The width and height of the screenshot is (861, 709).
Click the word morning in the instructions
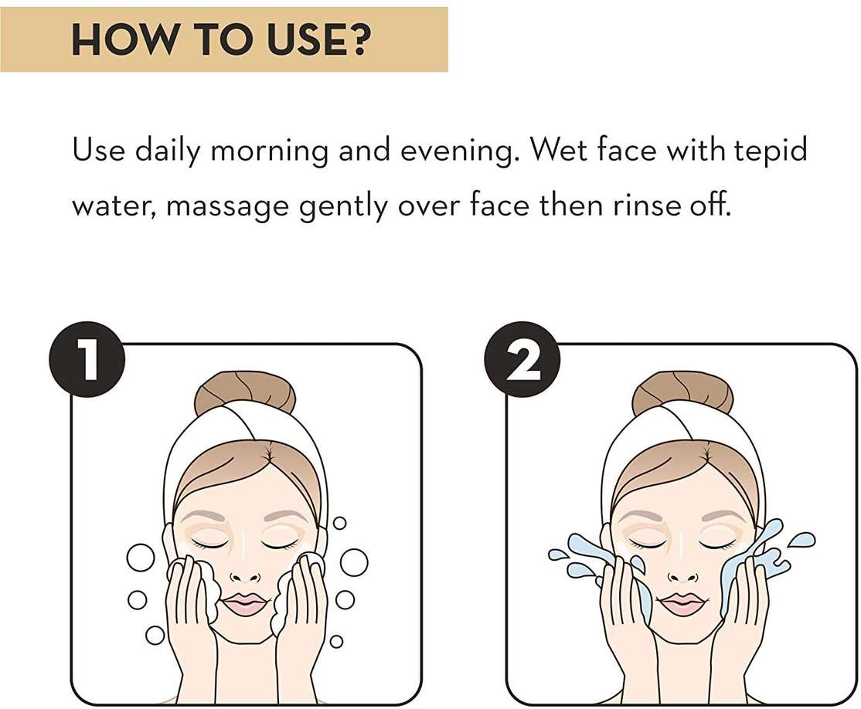[269, 151]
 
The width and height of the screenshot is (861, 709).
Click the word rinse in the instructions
[646, 205]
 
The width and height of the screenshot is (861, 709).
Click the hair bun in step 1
[246, 393]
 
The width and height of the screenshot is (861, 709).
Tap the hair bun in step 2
[683, 393]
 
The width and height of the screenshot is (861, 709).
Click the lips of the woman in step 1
[245, 604]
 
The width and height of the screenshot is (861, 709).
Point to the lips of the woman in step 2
[682, 604]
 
